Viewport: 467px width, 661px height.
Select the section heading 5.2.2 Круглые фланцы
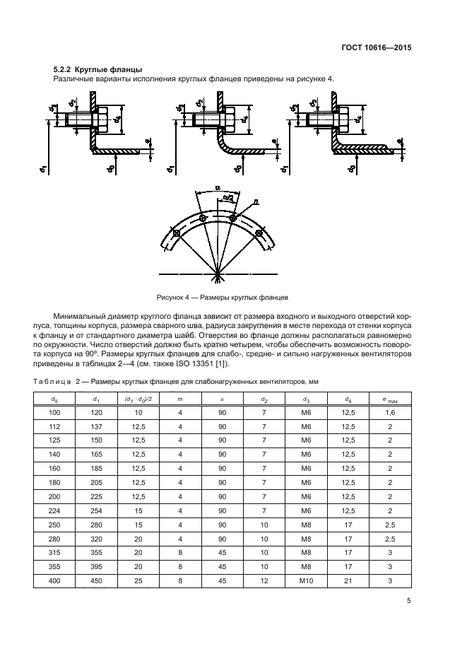97,70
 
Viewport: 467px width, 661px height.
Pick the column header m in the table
181,399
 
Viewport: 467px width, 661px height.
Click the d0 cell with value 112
55,427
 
